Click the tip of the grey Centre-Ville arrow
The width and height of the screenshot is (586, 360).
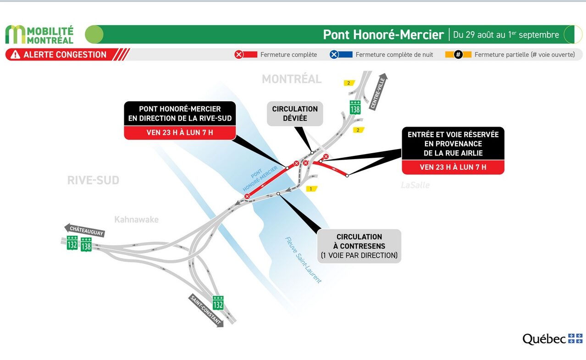pyautogui.click(x=385, y=73)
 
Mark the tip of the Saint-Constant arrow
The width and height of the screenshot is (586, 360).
pyautogui.click(x=223, y=326)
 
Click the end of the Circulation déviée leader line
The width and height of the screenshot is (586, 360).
pyautogui.click(x=312, y=153)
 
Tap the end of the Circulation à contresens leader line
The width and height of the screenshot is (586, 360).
pyautogui.click(x=278, y=194)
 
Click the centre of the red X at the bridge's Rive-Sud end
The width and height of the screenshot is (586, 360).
pyautogui.click(x=247, y=196)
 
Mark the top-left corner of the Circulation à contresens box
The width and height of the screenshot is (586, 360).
pyautogui.click(x=317, y=229)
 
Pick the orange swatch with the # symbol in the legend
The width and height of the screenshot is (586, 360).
pyautogui.click(x=458, y=55)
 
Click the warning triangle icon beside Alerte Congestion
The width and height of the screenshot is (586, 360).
pyautogui.click(x=16, y=55)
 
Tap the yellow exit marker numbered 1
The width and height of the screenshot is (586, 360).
pyautogui.click(x=311, y=188)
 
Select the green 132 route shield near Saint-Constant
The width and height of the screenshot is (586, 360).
pyautogui.click(x=218, y=303)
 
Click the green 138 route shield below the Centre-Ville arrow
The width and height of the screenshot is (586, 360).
pyautogui.click(x=355, y=107)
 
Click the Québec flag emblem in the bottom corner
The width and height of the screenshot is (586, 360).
pyautogui.click(x=575, y=338)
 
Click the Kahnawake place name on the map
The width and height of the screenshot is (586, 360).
pyautogui.click(x=136, y=219)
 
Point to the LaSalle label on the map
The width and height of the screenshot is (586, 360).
pyautogui.click(x=415, y=185)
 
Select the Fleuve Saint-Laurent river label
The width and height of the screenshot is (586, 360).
pyautogui.click(x=303, y=260)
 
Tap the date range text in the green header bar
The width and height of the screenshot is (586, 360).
pyautogui.click(x=506, y=34)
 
